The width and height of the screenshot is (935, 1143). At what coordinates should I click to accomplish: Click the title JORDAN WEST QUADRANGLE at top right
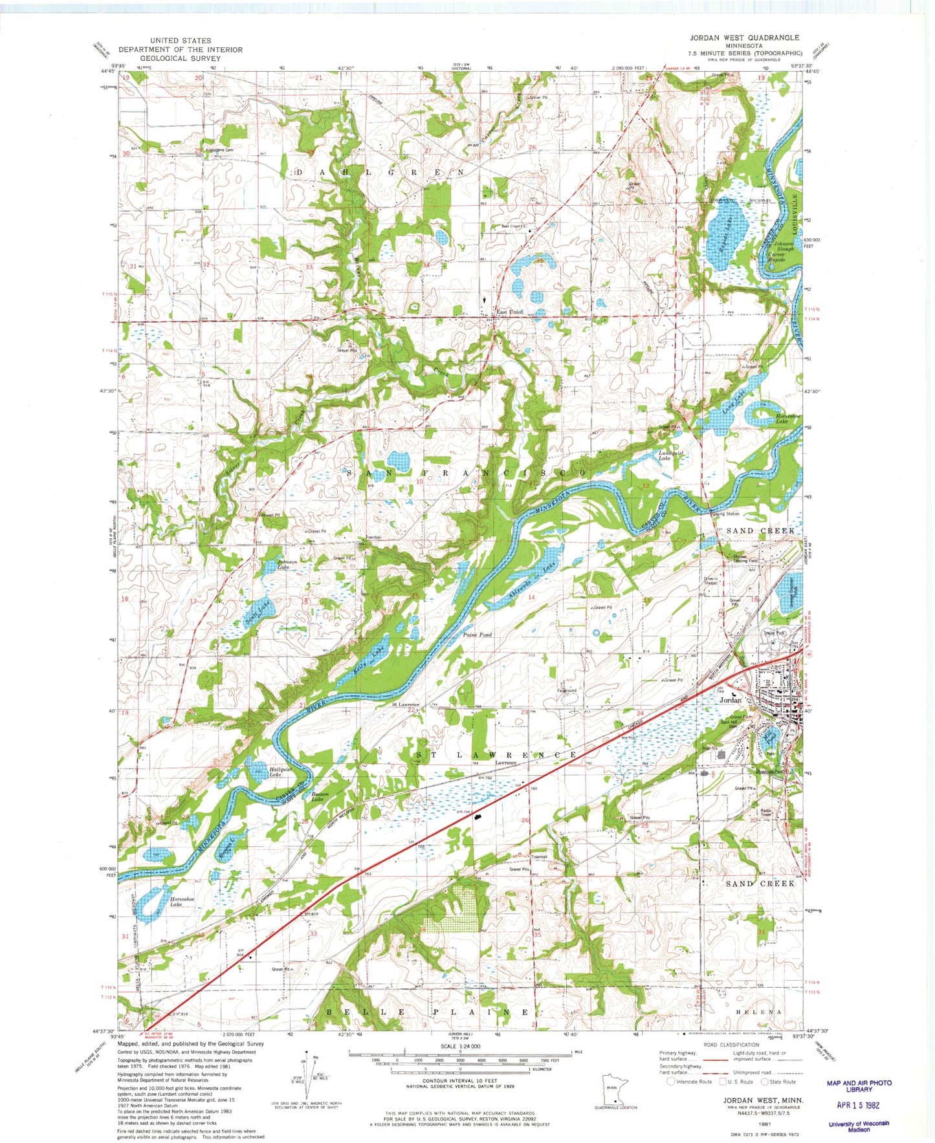(x=744, y=38)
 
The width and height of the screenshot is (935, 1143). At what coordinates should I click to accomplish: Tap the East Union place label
(x=509, y=312)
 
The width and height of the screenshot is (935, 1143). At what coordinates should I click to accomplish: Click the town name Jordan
(x=730, y=700)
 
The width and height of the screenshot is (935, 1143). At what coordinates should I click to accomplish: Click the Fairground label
(x=567, y=690)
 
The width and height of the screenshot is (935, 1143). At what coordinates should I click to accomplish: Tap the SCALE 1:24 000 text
(x=461, y=1046)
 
